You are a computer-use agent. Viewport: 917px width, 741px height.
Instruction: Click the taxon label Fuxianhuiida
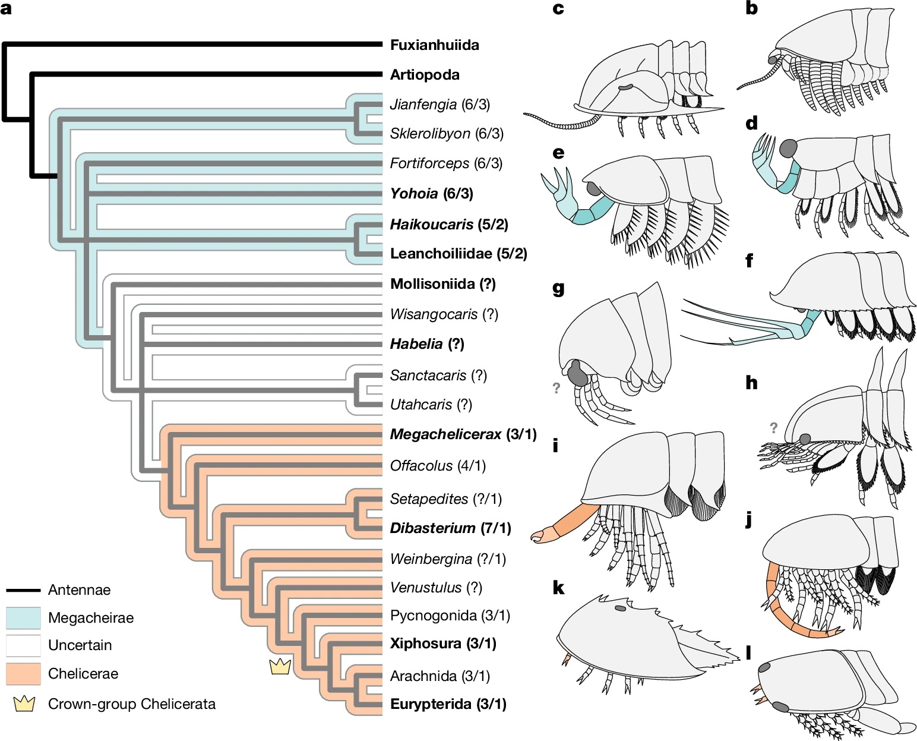coord(434,45)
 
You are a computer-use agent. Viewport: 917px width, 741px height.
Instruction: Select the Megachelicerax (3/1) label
coord(463,434)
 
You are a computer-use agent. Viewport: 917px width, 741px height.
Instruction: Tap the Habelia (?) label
coord(426,344)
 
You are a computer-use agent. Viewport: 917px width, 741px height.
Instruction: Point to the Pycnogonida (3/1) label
coord(450,615)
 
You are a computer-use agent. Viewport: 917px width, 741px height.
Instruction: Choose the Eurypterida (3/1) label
coord(448,704)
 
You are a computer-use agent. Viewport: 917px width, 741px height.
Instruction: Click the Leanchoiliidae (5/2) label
coord(458,254)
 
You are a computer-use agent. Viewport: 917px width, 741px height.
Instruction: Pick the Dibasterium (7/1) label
coord(450,528)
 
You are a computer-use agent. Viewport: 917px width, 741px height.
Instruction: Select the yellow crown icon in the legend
coord(24,704)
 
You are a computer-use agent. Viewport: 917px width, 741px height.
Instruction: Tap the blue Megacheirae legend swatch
coord(23,618)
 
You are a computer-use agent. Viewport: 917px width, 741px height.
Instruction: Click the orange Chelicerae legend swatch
coord(23,674)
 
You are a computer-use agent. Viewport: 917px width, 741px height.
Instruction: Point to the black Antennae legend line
coord(23,590)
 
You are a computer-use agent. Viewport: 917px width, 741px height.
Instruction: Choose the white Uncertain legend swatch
coord(23,645)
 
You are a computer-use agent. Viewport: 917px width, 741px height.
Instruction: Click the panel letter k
coord(558,588)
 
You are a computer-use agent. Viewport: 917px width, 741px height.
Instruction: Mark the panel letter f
coord(749,261)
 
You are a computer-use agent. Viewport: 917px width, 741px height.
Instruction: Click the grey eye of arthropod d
coord(790,148)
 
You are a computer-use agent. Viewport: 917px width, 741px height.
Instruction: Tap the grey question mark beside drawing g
coord(556,388)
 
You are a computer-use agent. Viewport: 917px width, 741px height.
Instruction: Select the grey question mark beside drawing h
coord(773,427)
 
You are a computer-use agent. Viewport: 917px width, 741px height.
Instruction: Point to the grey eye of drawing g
coord(576,374)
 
